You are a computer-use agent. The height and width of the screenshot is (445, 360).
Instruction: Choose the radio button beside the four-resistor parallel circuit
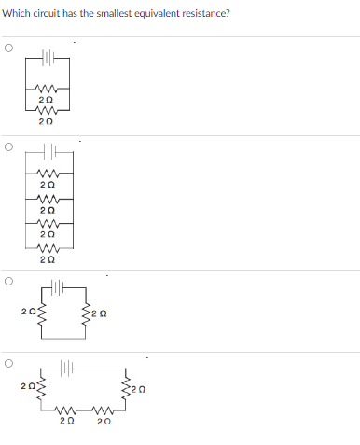pos(8,146)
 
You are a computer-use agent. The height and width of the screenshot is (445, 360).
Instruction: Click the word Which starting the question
pos(16,12)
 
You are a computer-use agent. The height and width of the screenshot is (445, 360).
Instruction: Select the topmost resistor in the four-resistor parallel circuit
pos(51,174)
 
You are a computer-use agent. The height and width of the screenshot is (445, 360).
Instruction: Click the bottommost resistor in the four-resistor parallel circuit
pos(51,247)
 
